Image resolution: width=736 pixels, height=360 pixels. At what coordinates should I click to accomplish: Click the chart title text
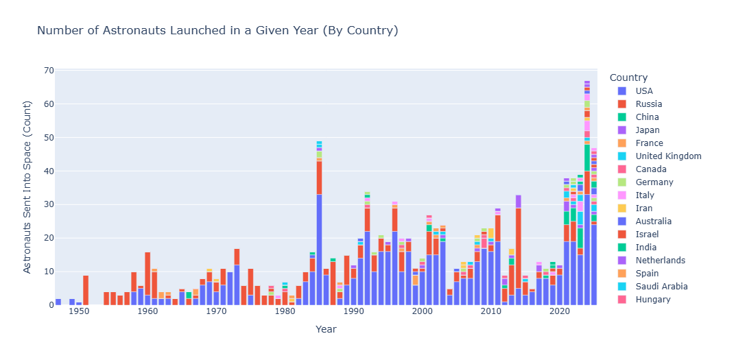click(x=217, y=31)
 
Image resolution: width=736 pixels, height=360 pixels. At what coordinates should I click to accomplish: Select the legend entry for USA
click(x=644, y=91)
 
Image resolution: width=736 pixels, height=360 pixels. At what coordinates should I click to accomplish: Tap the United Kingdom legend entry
click(x=668, y=156)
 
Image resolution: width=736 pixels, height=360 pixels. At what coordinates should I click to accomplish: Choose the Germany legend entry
click(x=654, y=182)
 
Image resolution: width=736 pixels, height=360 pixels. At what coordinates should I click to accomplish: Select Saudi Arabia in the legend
click(x=662, y=287)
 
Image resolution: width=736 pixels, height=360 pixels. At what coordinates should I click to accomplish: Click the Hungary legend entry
click(x=653, y=300)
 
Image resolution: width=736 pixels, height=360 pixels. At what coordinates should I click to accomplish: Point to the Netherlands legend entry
click(x=661, y=261)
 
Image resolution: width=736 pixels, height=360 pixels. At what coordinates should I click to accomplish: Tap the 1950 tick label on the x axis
click(x=79, y=312)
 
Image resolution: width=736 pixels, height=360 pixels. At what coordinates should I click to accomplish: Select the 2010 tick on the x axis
click(x=490, y=312)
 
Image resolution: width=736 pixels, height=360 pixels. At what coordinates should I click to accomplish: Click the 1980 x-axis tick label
click(x=285, y=312)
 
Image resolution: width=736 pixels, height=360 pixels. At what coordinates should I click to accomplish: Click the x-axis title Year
click(x=326, y=330)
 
